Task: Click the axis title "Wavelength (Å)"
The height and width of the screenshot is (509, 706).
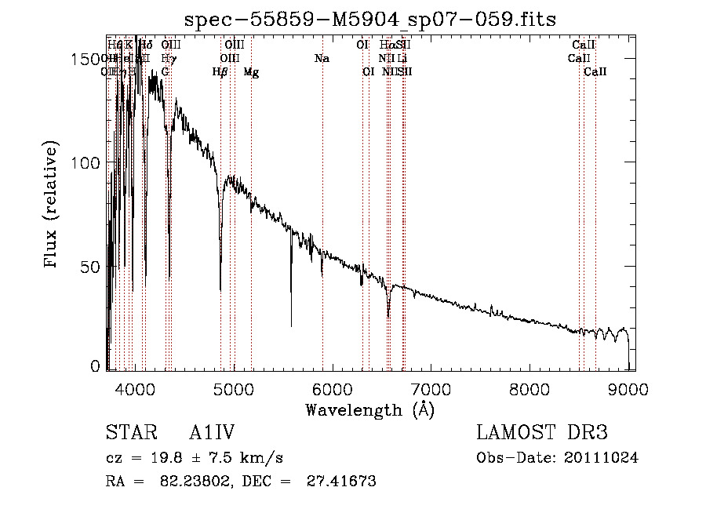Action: tap(369, 409)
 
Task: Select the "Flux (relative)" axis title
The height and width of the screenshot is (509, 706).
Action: tap(52, 205)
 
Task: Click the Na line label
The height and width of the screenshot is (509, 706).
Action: tap(322, 59)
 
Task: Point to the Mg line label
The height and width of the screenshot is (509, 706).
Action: tap(251, 72)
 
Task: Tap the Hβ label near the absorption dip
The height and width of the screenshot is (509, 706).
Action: tap(220, 72)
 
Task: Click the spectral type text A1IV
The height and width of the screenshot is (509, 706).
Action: tap(213, 433)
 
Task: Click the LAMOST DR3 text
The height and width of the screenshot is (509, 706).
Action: tap(542, 433)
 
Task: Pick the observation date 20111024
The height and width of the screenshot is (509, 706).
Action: tap(602, 457)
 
